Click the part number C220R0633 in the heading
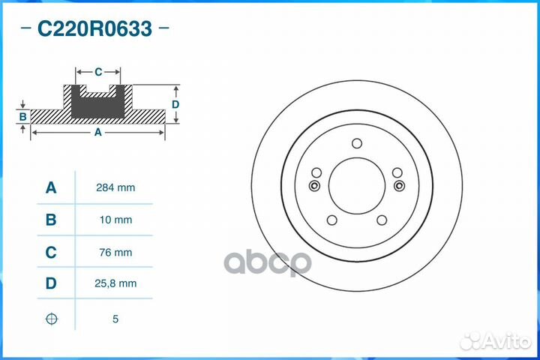(94, 29)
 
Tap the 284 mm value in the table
(117, 187)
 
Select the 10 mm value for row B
(117, 220)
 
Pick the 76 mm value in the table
(117, 252)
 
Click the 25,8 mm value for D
(117, 283)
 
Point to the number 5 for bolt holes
(115, 319)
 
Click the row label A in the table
(51, 187)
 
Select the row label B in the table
(51, 220)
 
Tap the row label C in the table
(51, 252)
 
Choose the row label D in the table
(51, 283)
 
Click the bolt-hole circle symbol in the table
(51, 319)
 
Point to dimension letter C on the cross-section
(98, 72)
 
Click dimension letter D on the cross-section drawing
(175, 104)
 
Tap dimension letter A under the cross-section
(97, 133)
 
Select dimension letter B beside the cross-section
(23, 117)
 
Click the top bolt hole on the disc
(357, 145)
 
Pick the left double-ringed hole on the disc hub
(315, 186)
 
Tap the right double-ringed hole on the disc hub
(398, 186)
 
